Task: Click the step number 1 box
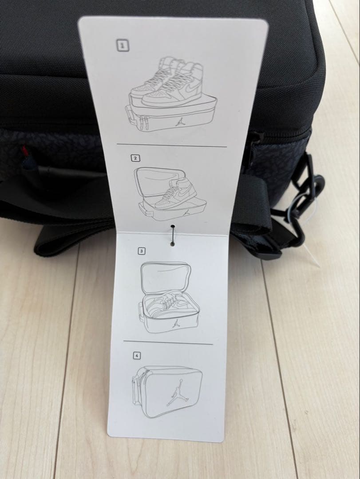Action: click(123, 46)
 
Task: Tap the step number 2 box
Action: click(135, 158)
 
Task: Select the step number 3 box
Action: click(141, 251)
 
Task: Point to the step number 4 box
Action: click(137, 356)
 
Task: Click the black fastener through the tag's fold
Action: click(173, 235)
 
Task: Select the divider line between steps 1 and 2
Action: click(172, 145)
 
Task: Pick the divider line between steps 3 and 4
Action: click(168, 342)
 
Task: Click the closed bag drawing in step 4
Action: click(167, 392)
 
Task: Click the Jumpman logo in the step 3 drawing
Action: click(175, 324)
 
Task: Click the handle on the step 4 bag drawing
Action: click(135, 388)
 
